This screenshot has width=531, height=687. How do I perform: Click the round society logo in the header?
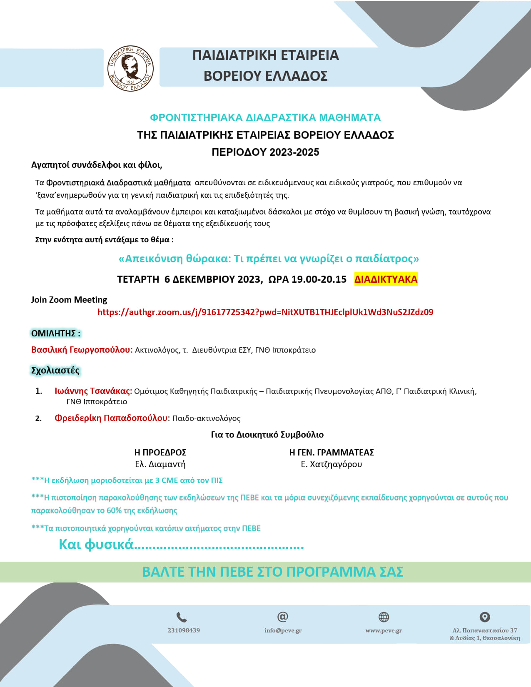tap(130, 68)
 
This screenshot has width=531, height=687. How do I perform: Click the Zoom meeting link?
tap(265, 312)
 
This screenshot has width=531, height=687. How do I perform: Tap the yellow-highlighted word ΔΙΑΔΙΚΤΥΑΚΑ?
tap(386, 279)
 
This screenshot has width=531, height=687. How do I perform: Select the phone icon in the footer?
tap(182, 617)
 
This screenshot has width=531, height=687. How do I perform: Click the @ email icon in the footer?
tap(283, 617)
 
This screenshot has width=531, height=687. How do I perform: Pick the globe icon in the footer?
tap(384, 617)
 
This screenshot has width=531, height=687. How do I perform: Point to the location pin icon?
tap(485, 617)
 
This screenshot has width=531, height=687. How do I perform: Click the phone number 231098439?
tap(184, 630)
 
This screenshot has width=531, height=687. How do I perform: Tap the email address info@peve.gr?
tap(283, 630)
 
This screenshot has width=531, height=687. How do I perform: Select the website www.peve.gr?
tap(384, 630)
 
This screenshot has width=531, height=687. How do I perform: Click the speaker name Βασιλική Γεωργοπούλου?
tap(82, 350)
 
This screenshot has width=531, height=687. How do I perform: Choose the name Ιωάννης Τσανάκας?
tap(93, 391)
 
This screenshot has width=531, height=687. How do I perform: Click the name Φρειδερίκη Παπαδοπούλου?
tap(111, 418)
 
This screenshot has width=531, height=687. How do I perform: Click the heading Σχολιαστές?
tap(55, 370)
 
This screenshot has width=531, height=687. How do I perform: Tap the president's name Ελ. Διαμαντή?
tap(160, 464)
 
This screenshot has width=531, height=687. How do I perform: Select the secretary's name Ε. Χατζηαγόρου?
tap(332, 464)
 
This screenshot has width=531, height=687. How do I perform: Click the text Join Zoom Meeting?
tap(69, 300)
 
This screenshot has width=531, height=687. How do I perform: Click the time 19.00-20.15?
tap(319, 279)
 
